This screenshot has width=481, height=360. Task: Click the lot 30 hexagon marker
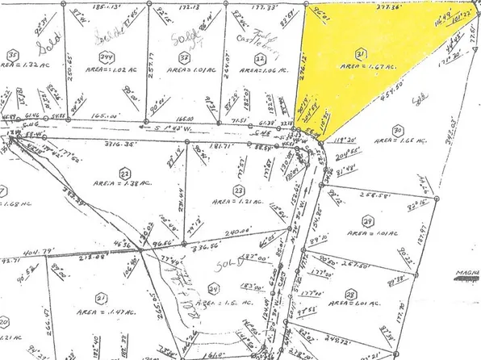coord(397,130)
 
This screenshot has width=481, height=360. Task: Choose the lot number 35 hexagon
coord(12,56)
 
